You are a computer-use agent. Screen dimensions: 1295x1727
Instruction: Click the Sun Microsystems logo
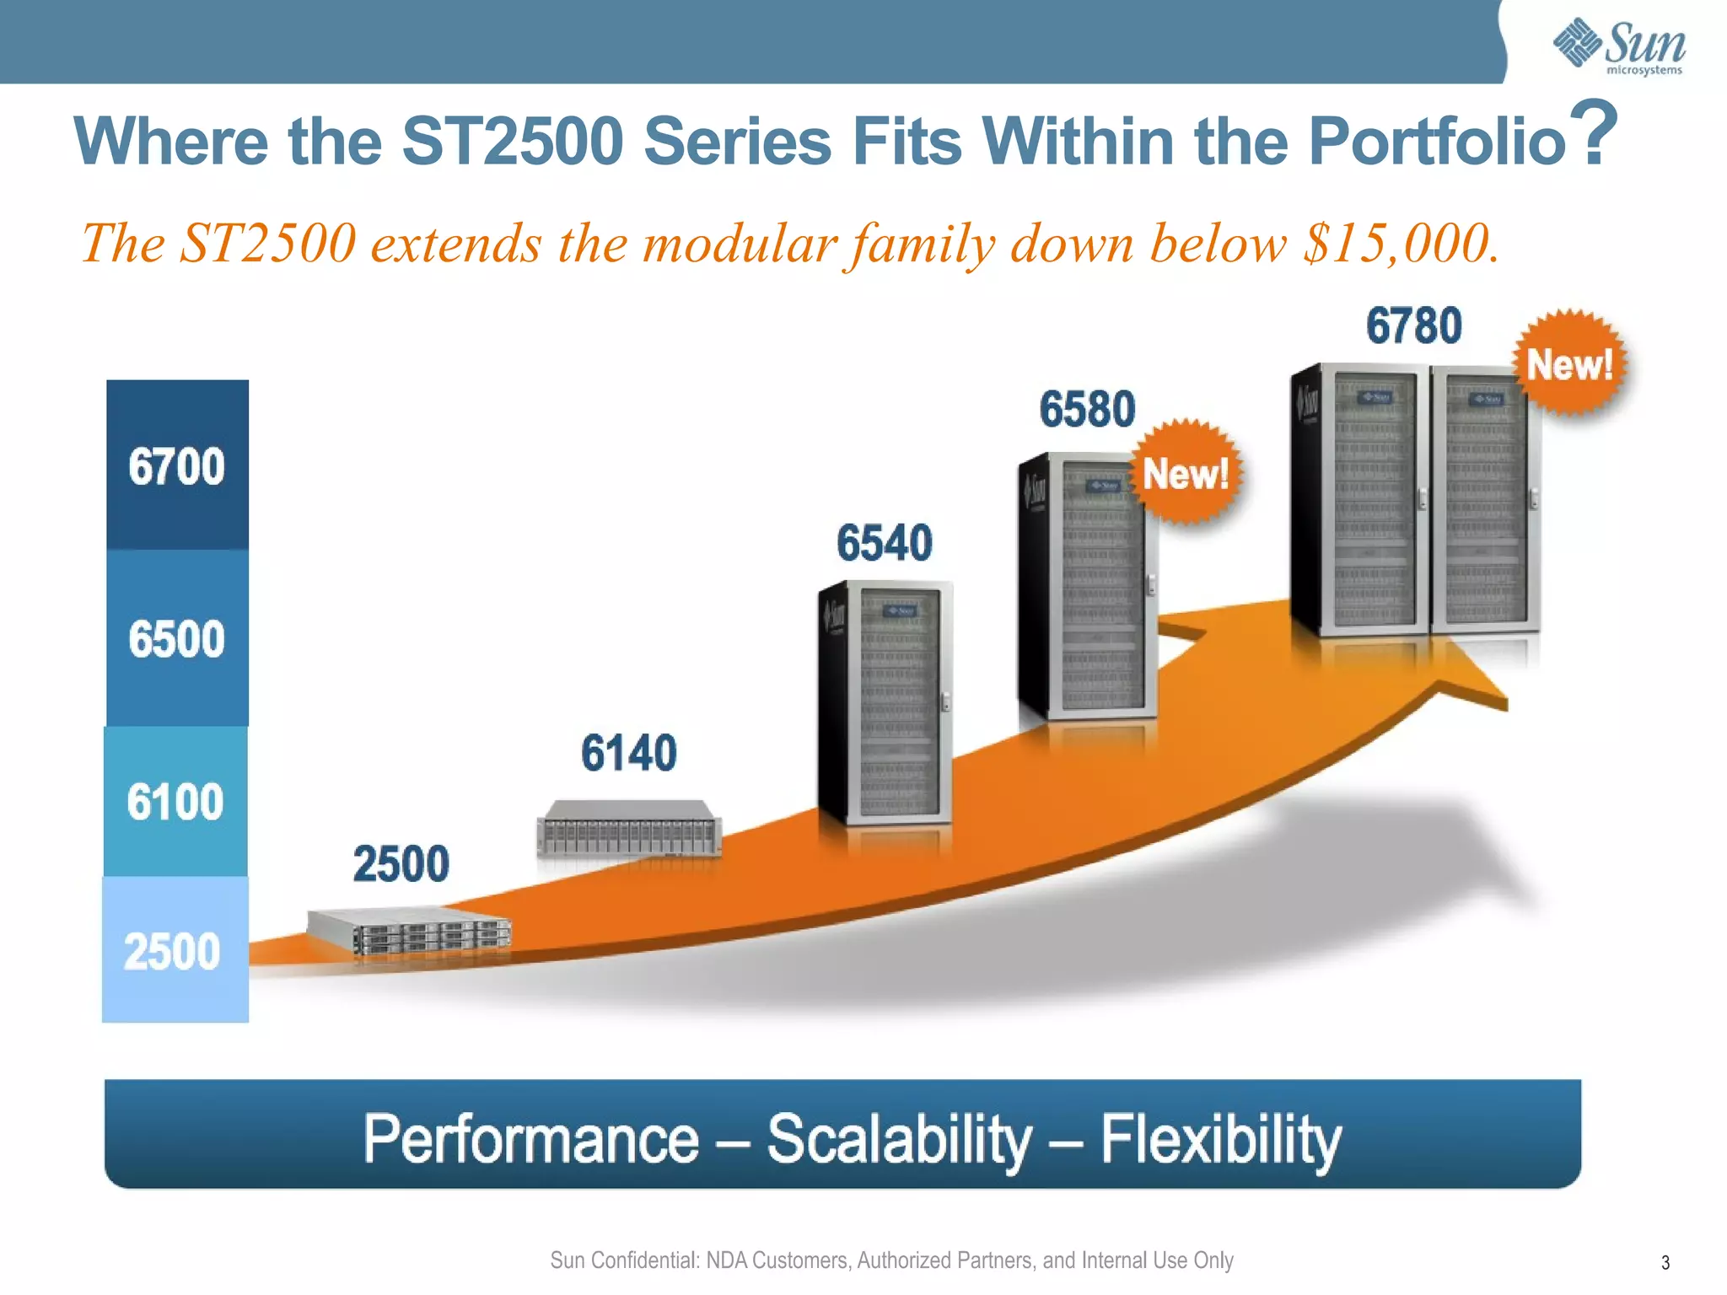click(x=1618, y=46)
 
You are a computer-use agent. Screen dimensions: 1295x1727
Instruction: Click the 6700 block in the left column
click(x=177, y=465)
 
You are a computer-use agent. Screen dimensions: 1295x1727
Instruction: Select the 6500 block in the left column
click(x=177, y=638)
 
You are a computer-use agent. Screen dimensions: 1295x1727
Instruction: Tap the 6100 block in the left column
click(x=175, y=801)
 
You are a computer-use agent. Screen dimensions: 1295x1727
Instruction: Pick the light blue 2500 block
click(x=175, y=950)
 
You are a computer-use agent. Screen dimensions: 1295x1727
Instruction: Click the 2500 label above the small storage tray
click(x=401, y=864)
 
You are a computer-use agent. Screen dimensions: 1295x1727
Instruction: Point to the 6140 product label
click(x=628, y=753)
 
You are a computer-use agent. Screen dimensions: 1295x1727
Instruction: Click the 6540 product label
click(x=885, y=542)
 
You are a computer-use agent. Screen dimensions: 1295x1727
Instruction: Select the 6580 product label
click(x=1087, y=410)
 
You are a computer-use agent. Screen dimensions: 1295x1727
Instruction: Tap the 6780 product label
click(x=1413, y=326)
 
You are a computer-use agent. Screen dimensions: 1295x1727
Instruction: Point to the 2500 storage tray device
click(x=411, y=932)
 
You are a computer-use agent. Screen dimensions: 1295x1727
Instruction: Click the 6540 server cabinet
click(x=885, y=704)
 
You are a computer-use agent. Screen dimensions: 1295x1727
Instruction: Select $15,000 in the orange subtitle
click(x=1400, y=244)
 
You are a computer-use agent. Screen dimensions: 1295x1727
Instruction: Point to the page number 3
click(x=1665, y=1263)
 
